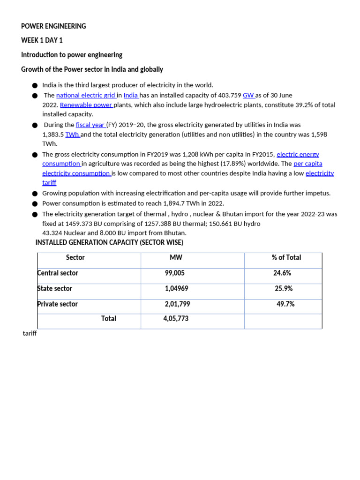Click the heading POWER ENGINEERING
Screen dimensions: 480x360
53,26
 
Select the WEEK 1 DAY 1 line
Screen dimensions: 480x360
42,40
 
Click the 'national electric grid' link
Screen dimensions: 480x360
86,95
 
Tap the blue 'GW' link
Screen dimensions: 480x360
248,95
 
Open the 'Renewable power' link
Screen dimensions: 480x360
86,105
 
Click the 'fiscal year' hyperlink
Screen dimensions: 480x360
90,125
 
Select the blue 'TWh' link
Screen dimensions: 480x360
72,135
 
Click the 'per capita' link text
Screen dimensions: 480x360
308,164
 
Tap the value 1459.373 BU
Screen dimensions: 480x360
83,224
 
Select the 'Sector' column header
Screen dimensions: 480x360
75,257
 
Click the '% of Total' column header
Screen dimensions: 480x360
286,257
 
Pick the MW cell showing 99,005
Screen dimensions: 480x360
175,273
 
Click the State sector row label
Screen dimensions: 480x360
54,288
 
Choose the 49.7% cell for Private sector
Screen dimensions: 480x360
285,304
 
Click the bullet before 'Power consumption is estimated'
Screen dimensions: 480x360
35,204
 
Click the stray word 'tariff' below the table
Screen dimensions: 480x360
30,333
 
